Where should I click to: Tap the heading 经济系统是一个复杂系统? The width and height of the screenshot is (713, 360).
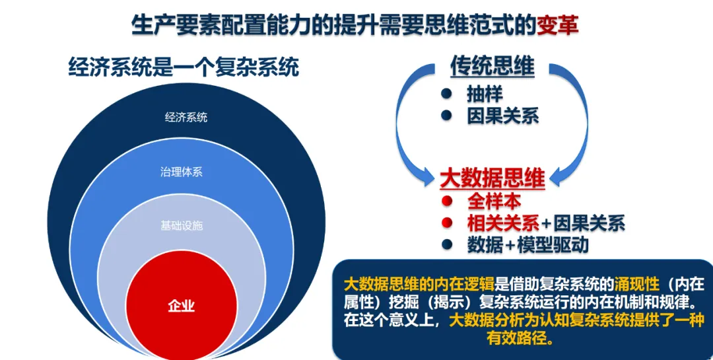tap(184, 67)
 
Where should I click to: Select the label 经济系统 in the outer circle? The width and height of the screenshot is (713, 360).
tap(186, 118)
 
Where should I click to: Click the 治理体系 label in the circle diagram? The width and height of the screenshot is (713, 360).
tap(182, 172)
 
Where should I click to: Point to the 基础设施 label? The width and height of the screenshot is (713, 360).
tap(182, 226)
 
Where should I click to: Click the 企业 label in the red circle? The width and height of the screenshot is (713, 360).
tap(182, 306)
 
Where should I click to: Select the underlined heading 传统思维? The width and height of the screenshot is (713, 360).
tap(492, 66)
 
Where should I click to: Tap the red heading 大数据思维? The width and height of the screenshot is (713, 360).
tap(492, 179)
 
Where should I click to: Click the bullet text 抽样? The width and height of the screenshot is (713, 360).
tap(484, 94)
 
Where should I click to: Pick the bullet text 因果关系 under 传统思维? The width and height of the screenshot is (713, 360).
tap(502, 116)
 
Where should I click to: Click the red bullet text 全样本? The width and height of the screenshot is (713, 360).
tap(494, 201)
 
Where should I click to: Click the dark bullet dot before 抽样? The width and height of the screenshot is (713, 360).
tap(447, 94)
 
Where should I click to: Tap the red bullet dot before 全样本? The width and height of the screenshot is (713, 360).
tap(447, 201)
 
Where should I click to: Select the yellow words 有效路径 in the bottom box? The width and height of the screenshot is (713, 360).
tap(518, 339)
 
